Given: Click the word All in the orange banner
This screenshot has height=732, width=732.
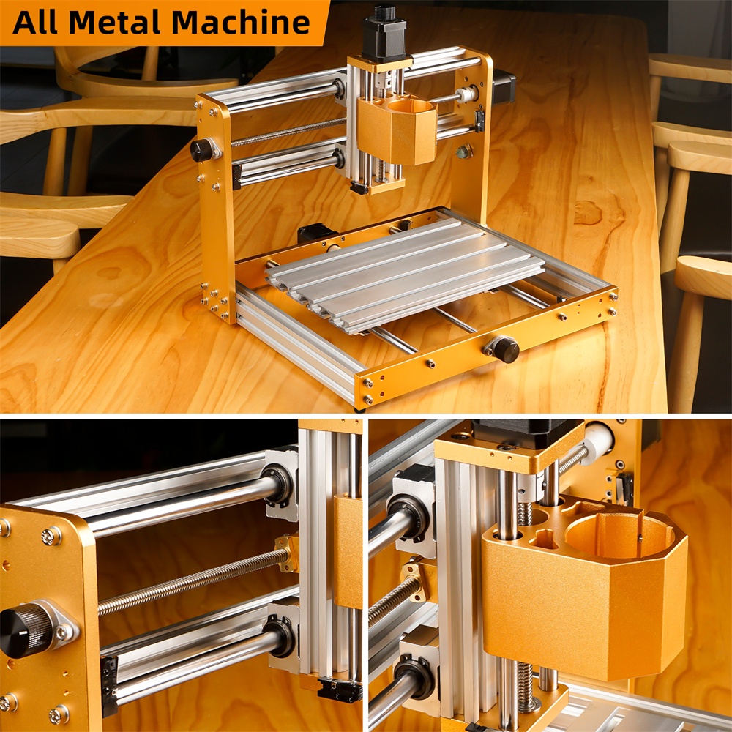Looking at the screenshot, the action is pyautogui.click(x=35, y=23).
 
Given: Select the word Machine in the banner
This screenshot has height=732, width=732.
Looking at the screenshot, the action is pyautogui.click(x=240, y=23).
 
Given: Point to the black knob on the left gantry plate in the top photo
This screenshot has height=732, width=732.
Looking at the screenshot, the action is pyautogui.click(x=202, y=150).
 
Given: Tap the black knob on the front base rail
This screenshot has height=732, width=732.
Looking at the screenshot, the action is pyautogui.click(x=507, y=350).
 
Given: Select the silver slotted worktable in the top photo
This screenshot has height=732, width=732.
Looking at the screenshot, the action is pyautogui.click(x=406, y=275).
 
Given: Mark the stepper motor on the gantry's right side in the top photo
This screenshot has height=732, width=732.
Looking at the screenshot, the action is pyautogui.click(x=504, y=87).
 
